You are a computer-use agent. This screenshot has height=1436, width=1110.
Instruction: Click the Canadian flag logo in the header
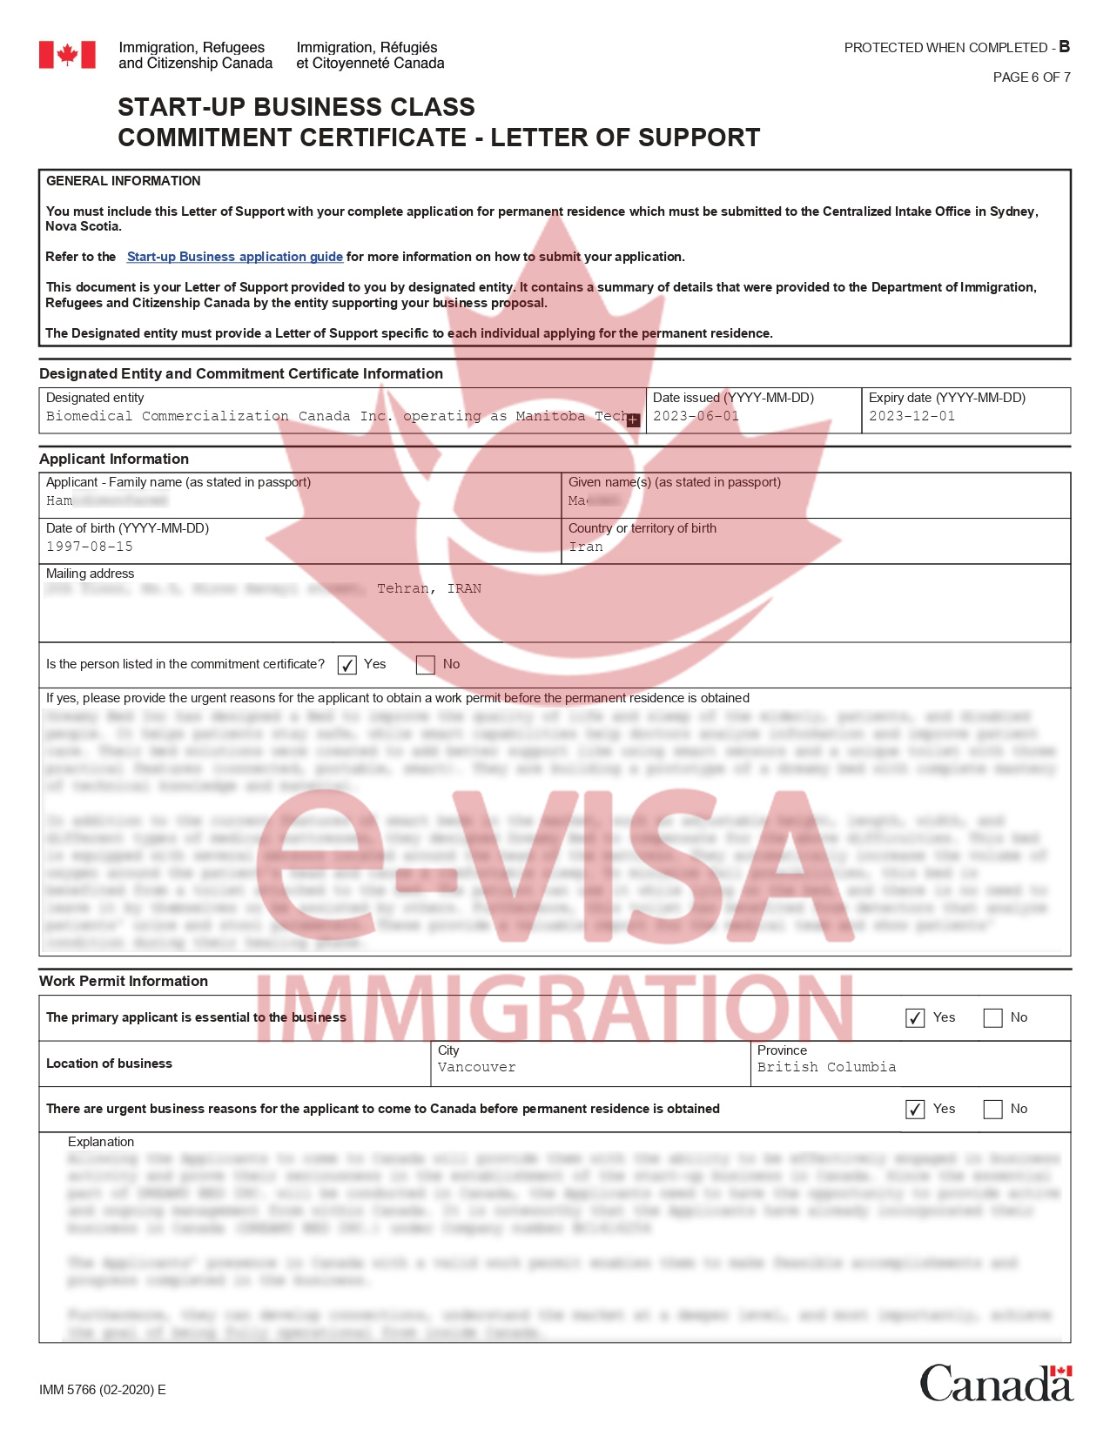(67, 55)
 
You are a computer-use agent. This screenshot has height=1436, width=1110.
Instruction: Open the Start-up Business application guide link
(234, 257)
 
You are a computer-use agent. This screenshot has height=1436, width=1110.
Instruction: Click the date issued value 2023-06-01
(696, 416)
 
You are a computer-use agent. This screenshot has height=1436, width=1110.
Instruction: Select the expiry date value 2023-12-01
(912, 416)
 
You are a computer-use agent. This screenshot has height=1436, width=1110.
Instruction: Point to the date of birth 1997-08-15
(90, 547)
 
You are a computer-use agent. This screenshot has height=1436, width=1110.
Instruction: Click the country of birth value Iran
(585, 547)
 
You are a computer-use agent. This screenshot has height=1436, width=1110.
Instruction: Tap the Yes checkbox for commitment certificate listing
(346, 665)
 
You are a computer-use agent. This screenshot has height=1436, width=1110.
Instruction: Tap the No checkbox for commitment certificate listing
(426, 665)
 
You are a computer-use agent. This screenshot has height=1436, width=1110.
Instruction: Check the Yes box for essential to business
(915, 1018)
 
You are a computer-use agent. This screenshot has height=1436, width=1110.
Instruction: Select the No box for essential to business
(992, 1018)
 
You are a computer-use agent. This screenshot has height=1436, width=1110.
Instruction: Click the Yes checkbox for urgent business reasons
(915, 1110)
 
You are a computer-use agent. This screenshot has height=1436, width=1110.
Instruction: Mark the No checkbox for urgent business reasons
(992, 1110)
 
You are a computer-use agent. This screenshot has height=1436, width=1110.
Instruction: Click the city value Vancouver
(476, 1067)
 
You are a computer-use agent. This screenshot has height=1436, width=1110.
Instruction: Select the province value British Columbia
(826, 1067)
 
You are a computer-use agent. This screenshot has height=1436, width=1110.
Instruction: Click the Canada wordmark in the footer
(996, 1383)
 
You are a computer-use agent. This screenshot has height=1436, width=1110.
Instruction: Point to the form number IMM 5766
(102, 1390)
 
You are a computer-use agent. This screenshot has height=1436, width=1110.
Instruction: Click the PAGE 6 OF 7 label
(1032, 77)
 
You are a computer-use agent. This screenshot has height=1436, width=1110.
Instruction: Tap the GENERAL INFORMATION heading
(124, 181)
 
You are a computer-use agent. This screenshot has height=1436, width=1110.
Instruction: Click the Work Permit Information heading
(124, 981)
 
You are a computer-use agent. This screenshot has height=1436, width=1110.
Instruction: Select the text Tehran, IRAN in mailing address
(429, 589)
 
